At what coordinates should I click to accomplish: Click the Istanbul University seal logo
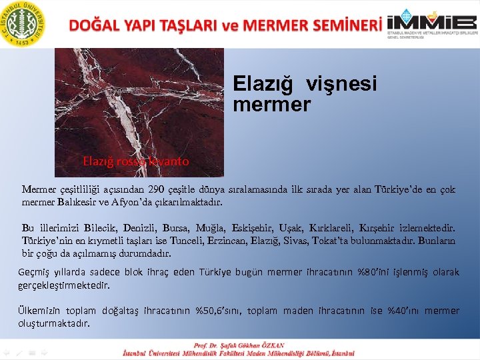24,24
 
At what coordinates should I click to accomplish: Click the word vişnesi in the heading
341,84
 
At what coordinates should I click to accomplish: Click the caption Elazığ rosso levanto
135,161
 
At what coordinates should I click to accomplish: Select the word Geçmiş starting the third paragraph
35,273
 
